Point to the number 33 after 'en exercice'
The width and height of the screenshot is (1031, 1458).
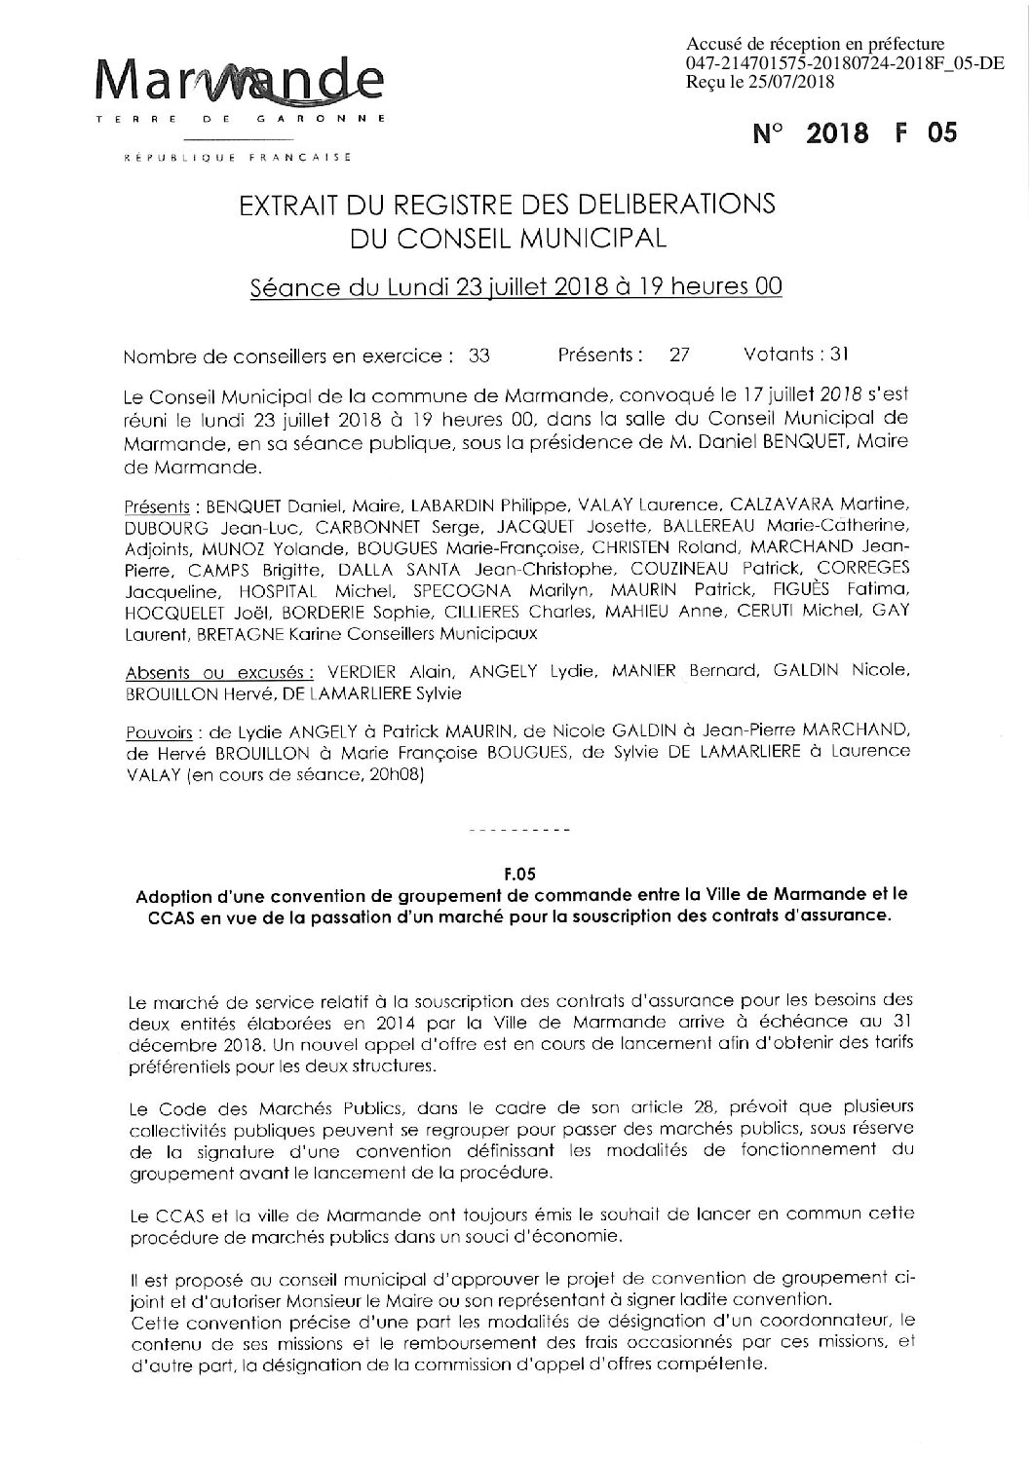(x=478, y=356)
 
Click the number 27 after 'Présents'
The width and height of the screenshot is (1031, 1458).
(x=678, y=356)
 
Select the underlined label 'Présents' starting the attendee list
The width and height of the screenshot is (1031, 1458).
(x=157, y=505)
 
